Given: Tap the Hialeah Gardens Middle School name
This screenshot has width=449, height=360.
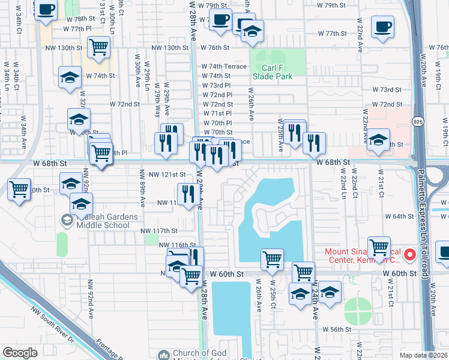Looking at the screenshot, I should pyautogui.click(x=99, y=221).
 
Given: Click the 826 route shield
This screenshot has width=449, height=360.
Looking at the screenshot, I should pyautogui.click(x=417, y=122).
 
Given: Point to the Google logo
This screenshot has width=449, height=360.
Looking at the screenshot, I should pyautogui.click(x=20, y=353).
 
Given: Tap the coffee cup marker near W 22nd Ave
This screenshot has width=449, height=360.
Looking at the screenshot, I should pyautogui.click(x=382, y=27).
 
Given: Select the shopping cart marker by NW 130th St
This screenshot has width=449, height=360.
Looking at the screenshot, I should pyautogui.click(x=98, y=46).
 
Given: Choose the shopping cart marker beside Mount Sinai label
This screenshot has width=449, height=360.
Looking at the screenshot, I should pyautogui.click(x=379, y=247).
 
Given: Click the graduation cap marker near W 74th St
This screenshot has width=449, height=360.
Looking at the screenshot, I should pyautogui.click(x=70, y=77).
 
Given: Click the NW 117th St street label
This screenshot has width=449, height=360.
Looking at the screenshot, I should pyautogui.click(x=159, y=230).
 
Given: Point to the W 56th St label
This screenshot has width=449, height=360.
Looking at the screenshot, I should pyautogui.click(x=336, y=329).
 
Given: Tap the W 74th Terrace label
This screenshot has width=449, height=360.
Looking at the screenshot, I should pyautogui.click(x=224, y=66).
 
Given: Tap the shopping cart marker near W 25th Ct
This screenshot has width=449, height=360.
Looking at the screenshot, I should pyautogui.click(x=272, y=259).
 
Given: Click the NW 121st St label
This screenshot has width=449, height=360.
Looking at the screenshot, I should pyautogui.click(x=167, y=175).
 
